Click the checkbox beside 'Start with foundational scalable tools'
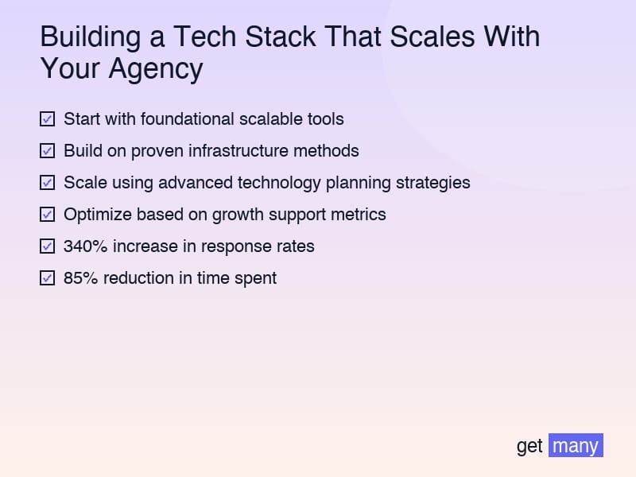click(47, 119)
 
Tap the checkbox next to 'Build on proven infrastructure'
click(47, 151)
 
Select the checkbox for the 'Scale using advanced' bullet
click(47, 183)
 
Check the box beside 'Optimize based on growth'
click(47, 215)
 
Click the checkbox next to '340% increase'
click(47, 246)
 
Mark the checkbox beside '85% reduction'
click(47, 278)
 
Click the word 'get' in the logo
click(529, 446)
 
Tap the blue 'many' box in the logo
click(576, 446)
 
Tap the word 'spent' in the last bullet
click(255, 278)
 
